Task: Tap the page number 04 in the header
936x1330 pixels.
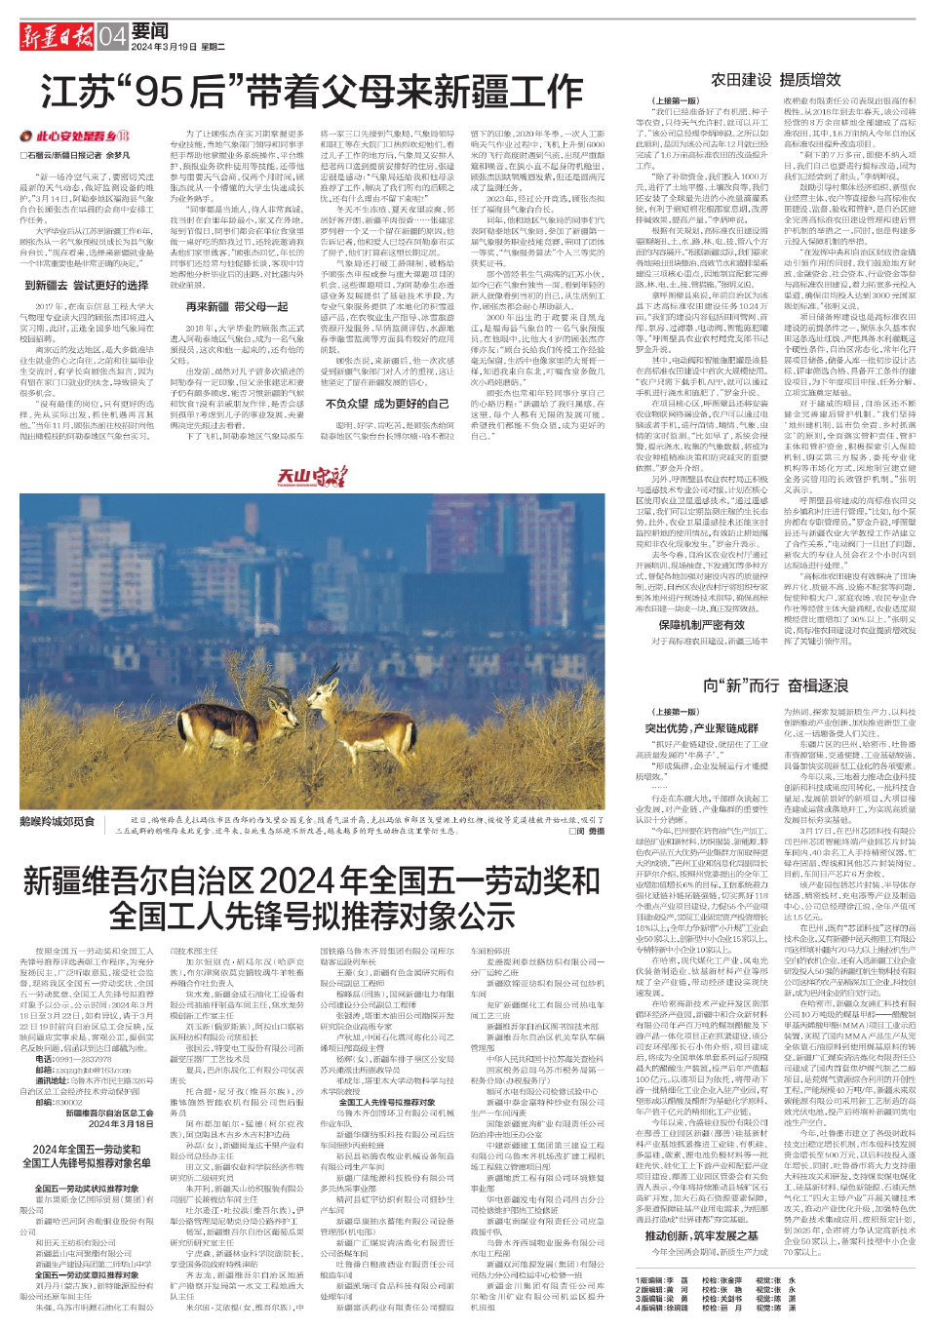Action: [x=112, y=38]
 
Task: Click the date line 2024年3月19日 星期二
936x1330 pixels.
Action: [x=178, y=47]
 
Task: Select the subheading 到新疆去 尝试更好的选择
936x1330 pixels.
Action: [x=87, y=286]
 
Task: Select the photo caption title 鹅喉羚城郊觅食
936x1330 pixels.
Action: [x=57, y=821]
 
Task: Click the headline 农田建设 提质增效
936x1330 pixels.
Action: [x=775, y=80]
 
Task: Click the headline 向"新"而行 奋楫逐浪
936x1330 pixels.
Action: [x=776, y=686]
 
